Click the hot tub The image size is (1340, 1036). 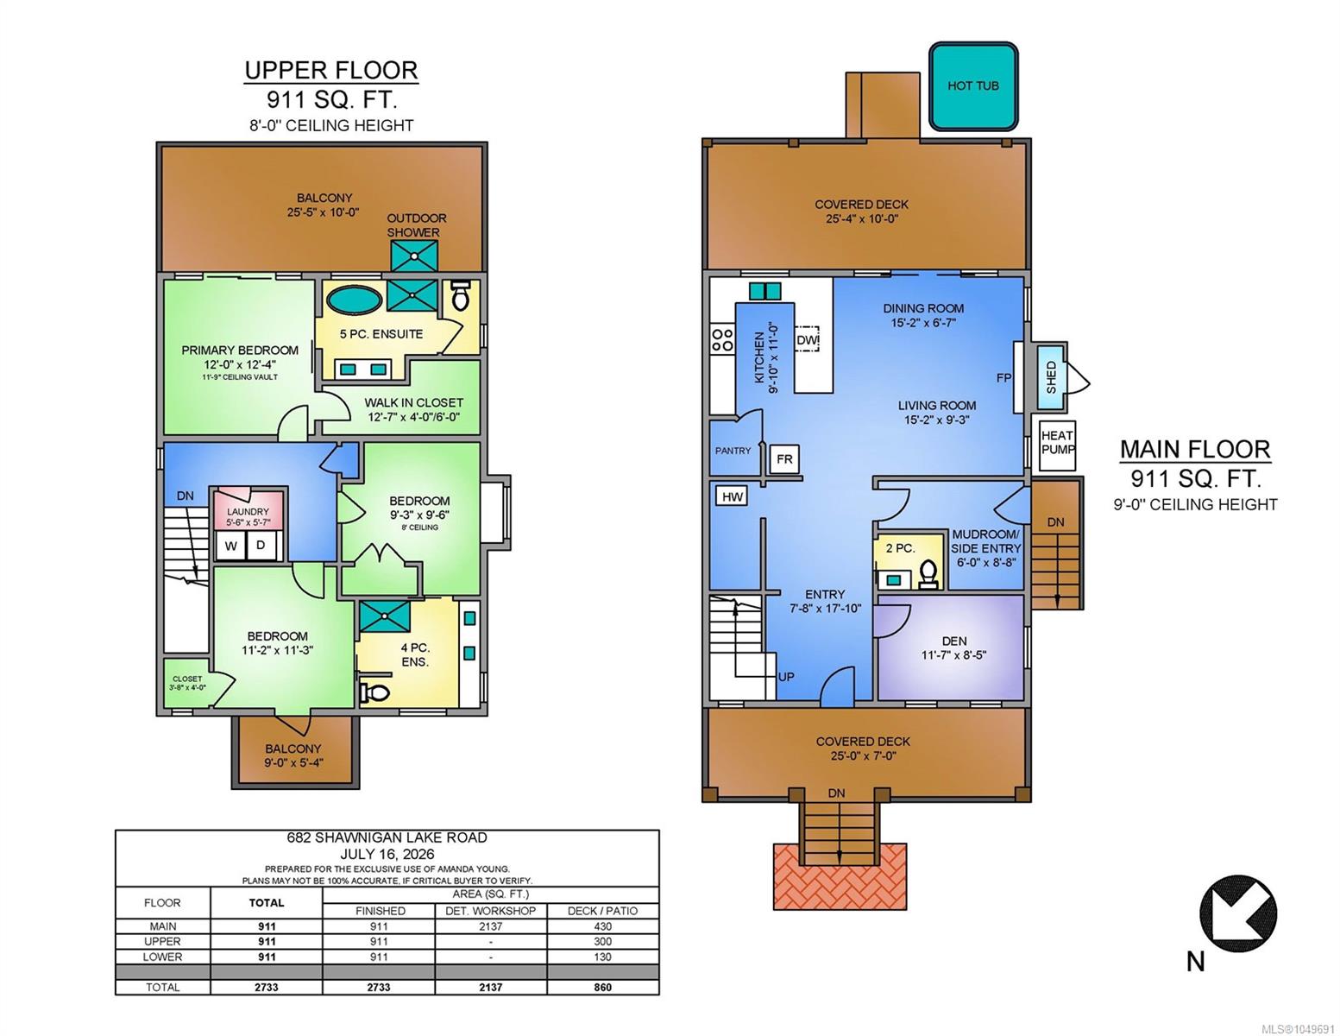[972, 85]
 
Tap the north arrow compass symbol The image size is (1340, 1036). [1237, 913]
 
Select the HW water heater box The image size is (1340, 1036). [732, 496]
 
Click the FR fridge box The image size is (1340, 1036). [784, 459]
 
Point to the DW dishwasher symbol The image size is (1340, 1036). [807, 338]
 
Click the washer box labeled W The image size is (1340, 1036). [230, 546]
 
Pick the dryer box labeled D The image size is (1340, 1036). [261, 546]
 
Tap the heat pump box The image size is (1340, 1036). [1058, 442]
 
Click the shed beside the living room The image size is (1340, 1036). [1052, 377]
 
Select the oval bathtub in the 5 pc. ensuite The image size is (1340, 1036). [354, 300]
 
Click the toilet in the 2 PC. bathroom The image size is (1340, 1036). [928, 573]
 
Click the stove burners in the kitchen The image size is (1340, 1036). [722, 340]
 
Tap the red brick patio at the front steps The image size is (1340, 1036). [840, 875]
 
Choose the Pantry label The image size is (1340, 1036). [733, 451]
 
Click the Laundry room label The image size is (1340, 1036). [248, 511]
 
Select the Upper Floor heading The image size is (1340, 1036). [331, 70]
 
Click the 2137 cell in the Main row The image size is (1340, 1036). [491, 926]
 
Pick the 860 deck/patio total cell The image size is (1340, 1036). [602, 988]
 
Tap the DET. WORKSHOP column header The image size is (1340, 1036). [491, 911]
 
